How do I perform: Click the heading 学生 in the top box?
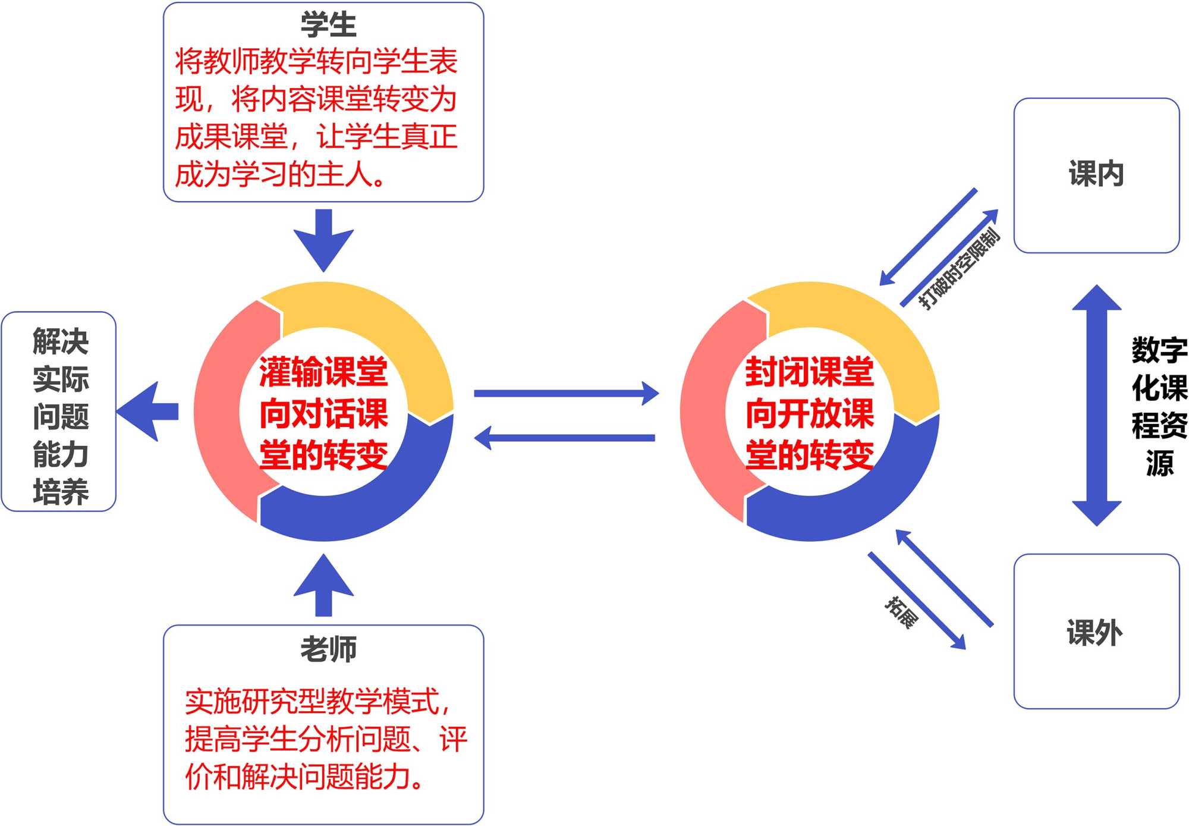pos(328,25)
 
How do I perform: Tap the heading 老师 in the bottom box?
pos(328,649)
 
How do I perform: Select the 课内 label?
pos(1096,174)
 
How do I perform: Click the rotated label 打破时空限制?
pos(958,269)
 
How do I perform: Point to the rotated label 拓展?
pos(901,612)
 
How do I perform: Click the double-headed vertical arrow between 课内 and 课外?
pos(1096,406)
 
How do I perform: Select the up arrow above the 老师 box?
pos(323,586)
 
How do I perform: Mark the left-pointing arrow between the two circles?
pos(565,438)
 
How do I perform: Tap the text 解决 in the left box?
pos(60,341)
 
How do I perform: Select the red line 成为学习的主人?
pos(279,175)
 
